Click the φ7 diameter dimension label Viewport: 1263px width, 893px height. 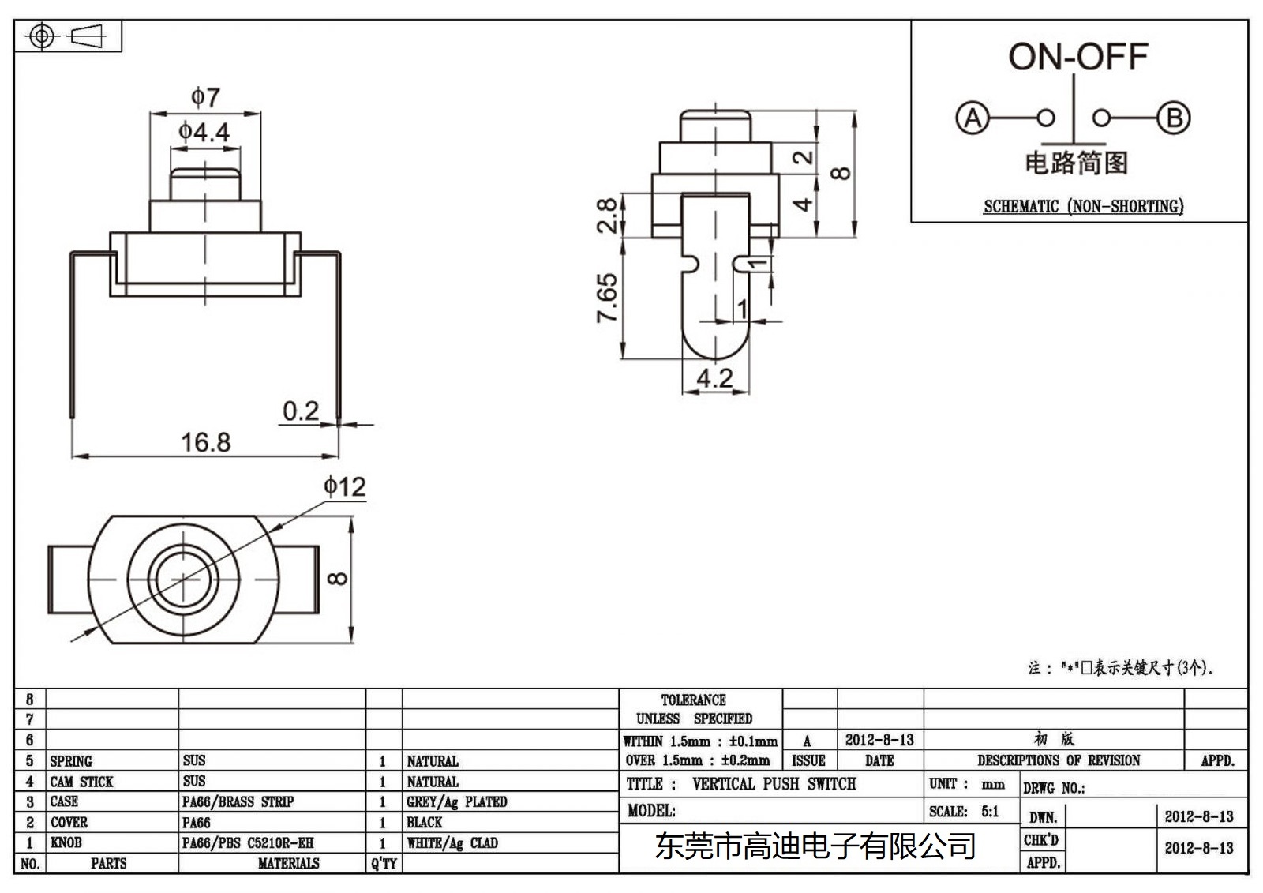click(x=205, y=98)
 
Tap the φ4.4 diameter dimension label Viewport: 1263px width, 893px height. click(x=204, y=132)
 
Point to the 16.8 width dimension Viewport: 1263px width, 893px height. click(x=205, y=442)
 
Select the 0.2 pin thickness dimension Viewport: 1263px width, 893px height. click(x=301, y=411)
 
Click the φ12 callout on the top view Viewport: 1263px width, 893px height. click(x=345, y=486)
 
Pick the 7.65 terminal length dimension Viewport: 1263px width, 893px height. click(x=607, y=298)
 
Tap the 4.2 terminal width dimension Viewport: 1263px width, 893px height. click(x=714, y=378)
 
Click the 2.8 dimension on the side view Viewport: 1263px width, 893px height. click(x=607, y=215)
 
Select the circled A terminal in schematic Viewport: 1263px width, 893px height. click(x=972, y=118)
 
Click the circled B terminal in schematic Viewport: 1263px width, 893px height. click(x=1174, y=118)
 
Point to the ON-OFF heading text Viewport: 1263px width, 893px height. click(x=1077, y=57)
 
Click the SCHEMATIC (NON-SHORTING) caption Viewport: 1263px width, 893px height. click(x=1083, y=207)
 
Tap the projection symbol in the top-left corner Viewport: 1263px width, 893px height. click(x=68, y=36)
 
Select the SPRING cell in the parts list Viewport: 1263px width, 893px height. click(x=71, y=761)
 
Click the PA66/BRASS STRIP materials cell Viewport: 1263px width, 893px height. click(x=238, y=802)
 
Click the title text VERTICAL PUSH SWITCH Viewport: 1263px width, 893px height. click(x=774, y=784)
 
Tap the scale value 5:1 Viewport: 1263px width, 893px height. click(x=990, y=811)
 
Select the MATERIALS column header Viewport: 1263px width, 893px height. click(x=288, y=864)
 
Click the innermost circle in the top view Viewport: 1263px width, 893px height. click(x=185, y=580)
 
